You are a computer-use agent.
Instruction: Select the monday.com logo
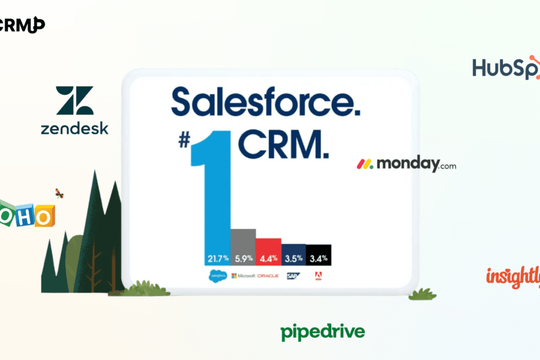(406, 164)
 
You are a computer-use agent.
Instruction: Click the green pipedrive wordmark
(322, 332)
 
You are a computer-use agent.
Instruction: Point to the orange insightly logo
(513, 277)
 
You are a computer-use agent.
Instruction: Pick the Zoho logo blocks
(26, 215)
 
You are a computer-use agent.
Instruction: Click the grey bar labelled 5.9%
(243, 246)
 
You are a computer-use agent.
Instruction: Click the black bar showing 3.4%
(319, 255)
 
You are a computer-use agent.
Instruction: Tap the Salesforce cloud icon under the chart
(217, 275)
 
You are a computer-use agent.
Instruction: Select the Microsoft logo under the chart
(242, 275)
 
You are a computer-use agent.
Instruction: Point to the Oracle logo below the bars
(268, 275)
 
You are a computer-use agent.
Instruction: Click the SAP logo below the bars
(293, 275)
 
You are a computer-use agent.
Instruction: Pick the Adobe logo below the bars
(319, 275)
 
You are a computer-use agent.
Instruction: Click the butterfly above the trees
(59, 193)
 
